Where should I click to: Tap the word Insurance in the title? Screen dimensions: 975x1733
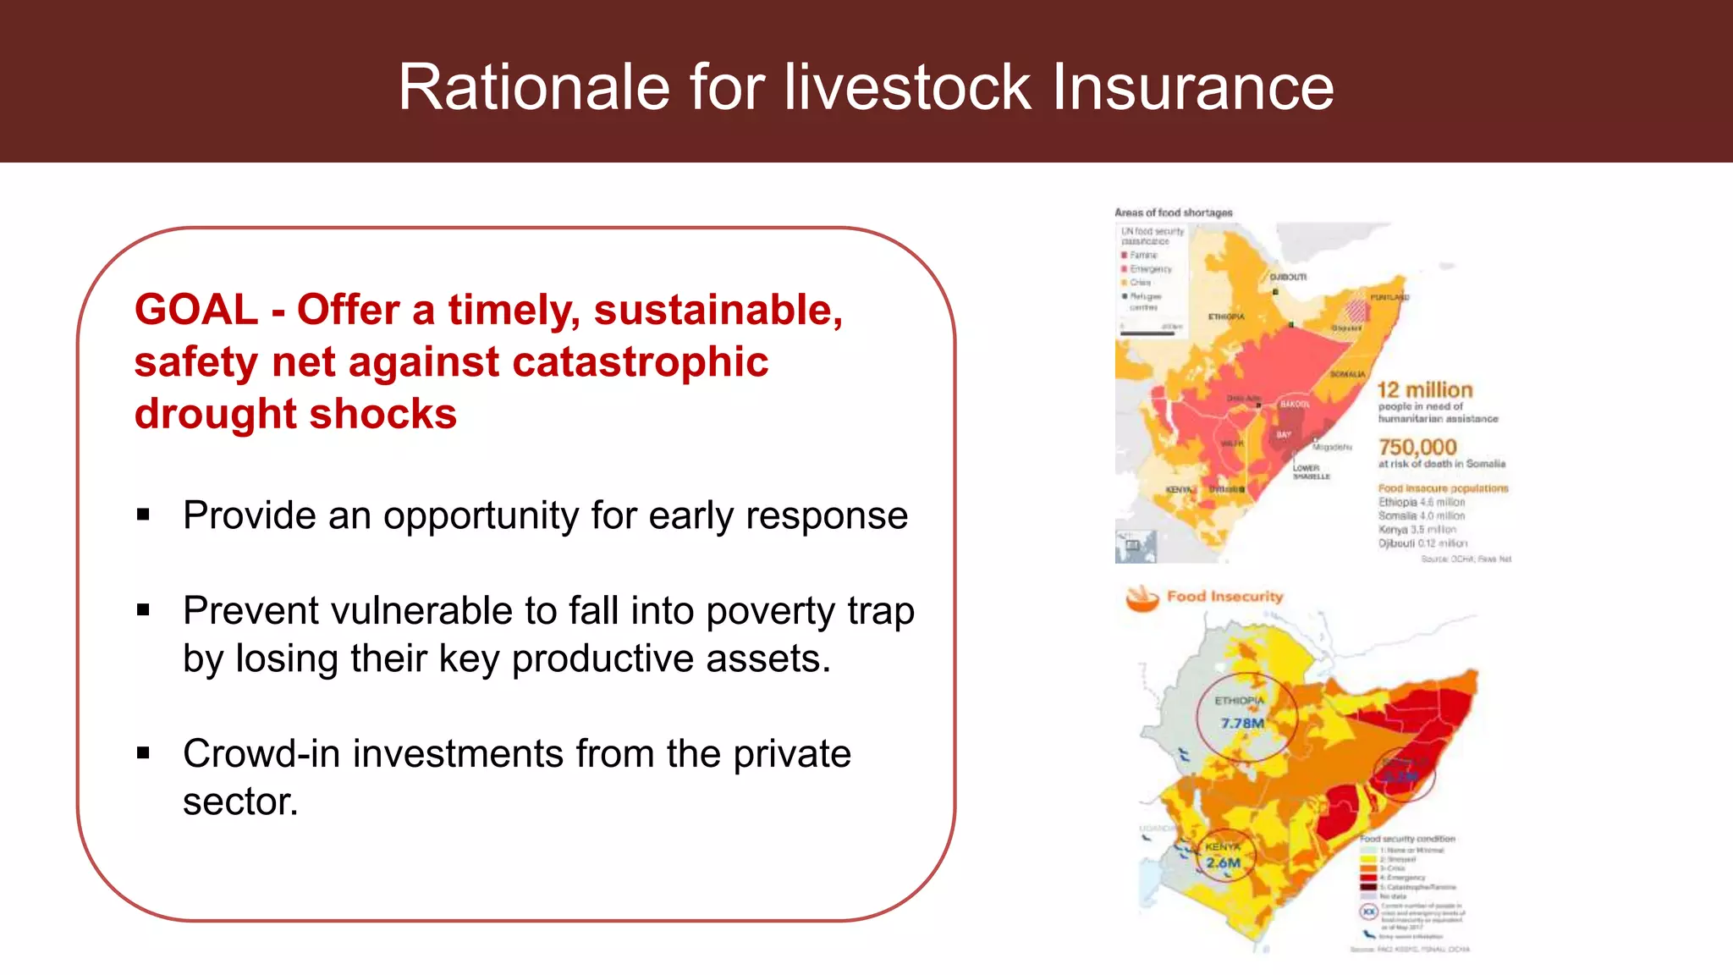coord(1192,87)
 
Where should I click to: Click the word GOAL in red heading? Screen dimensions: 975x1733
coord(195,310)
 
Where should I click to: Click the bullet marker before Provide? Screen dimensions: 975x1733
coord(143,515)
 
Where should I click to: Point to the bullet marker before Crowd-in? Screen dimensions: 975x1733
coord(143,752)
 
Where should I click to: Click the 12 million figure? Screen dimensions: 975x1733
coord(1425,390)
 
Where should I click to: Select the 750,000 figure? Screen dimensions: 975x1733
coord(1417,447)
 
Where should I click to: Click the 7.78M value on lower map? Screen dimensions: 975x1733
coord(1242,723)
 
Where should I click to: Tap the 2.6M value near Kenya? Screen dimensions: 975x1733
coord(1224,862)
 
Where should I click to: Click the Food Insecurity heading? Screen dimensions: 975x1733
coord(1224,597)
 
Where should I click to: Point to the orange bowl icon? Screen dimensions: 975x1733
coord(1142,598)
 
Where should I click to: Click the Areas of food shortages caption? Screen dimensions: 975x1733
coord(1173,212)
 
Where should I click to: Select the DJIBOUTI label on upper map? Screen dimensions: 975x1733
coord(1288,277)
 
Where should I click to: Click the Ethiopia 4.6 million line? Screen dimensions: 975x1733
coord(1421,502)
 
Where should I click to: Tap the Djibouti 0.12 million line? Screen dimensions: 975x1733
coord(1422,543)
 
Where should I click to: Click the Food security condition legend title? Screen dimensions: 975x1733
coord(1407,839)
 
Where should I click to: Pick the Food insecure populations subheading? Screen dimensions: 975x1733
coord(1443,488)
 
